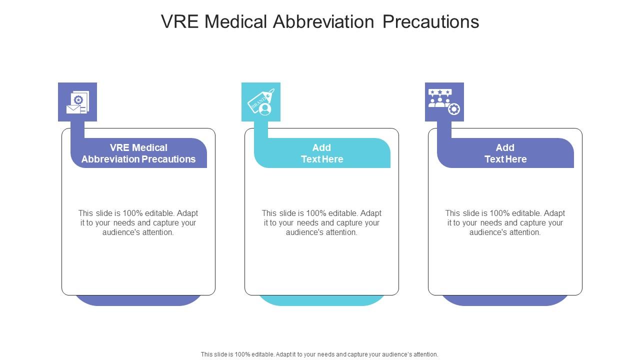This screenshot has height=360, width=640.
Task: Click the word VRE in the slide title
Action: tap(179, 21)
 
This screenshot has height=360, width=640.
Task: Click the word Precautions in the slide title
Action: tap(431, 21)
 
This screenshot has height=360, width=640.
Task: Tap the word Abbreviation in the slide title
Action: tap(323, 21)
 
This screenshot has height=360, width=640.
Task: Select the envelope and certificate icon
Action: tap(77, 102)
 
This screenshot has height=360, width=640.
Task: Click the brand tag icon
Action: tap(261, 102)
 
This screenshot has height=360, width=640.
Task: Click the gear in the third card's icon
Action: tap(454, 109)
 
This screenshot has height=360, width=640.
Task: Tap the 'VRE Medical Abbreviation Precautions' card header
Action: tap(138, 153)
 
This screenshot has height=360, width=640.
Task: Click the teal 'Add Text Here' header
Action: tap(322, 153)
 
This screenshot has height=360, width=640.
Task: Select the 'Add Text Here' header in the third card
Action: tap(505, 153)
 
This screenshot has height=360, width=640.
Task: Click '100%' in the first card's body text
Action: tap(132, 213)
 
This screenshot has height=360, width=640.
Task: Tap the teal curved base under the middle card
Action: tap(321, 300)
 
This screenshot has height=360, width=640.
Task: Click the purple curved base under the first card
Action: tap(138, 300)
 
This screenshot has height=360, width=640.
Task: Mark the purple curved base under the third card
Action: tap(505, 300)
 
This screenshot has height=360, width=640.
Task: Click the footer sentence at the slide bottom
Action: tap(319, 354)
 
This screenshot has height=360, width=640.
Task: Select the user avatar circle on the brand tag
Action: tap(265, 109)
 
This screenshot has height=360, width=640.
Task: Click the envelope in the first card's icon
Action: tap(73, 109)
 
